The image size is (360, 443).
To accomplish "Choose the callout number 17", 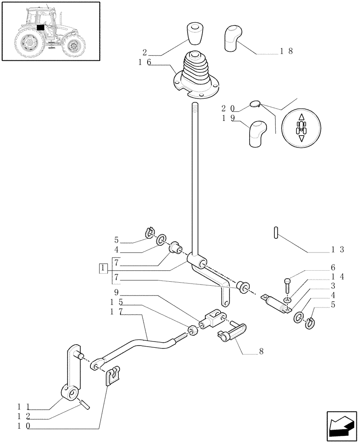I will tap(116, 312).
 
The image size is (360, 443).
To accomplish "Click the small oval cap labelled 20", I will tap(255, 104).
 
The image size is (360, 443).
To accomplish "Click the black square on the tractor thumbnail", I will tap(41, 27).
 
